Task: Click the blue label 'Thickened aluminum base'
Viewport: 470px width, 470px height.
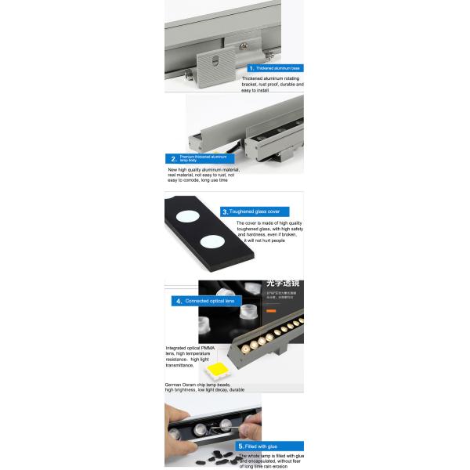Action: click(273, 68)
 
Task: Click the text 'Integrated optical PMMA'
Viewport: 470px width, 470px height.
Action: click(190, 348)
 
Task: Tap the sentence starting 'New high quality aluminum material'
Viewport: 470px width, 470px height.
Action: click(204, 169)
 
